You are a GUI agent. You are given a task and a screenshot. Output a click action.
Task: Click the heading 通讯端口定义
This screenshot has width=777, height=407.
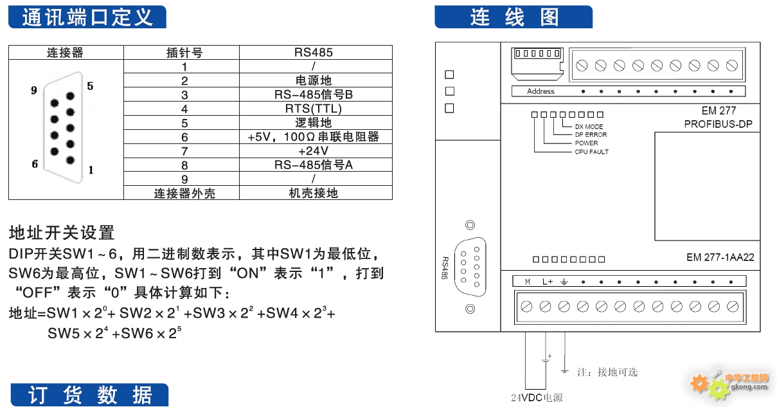point(87,17)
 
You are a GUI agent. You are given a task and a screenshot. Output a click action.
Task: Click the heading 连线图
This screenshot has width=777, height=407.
point(514,17)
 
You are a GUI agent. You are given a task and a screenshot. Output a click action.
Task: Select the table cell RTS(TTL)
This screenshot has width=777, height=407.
point(314,109)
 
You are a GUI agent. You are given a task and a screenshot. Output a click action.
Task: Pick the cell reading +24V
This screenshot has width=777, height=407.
point(314,151)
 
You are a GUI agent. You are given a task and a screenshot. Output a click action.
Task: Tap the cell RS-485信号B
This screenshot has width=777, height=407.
point(314,95)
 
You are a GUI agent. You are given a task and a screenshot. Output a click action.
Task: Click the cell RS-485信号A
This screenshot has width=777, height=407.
point(314,165)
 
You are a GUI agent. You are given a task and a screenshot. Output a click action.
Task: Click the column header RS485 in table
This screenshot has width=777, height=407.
point(314,53)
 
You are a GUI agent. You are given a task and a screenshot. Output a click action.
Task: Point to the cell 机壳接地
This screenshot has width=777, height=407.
point(314,193)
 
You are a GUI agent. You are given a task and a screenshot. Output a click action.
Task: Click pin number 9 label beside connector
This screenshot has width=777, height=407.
point(34,91)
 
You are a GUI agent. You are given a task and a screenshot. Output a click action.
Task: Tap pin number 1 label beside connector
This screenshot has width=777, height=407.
point(91,170)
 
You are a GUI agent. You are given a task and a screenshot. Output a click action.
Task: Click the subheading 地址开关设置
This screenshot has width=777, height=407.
point(62,232)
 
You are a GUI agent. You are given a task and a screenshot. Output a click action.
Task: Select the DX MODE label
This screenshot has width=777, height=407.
point(589,127)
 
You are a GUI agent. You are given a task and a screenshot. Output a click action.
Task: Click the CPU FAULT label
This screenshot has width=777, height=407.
point(591,152)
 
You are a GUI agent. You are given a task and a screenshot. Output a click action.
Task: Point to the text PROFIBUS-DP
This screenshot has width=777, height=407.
point(718,123)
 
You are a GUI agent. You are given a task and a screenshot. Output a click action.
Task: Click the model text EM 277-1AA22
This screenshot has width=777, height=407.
point(720,257)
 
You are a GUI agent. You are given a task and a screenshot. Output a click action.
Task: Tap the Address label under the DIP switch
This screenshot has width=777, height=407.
point(540,91)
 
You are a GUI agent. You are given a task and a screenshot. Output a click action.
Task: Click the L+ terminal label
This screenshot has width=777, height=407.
point(546,281)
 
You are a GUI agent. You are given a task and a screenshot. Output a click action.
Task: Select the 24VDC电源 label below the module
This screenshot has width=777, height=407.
point(537,398)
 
